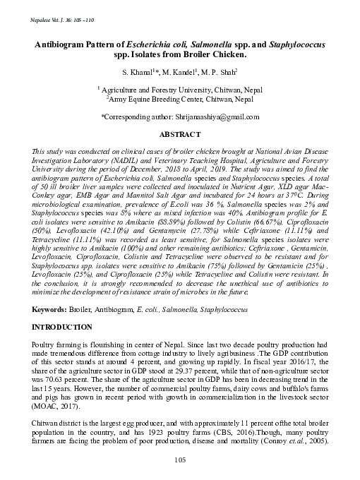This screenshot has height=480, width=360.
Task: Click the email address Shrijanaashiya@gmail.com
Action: [218, 116]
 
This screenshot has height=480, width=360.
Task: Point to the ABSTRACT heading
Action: [180, 133]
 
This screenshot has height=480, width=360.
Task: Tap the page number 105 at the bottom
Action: [180, 460]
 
